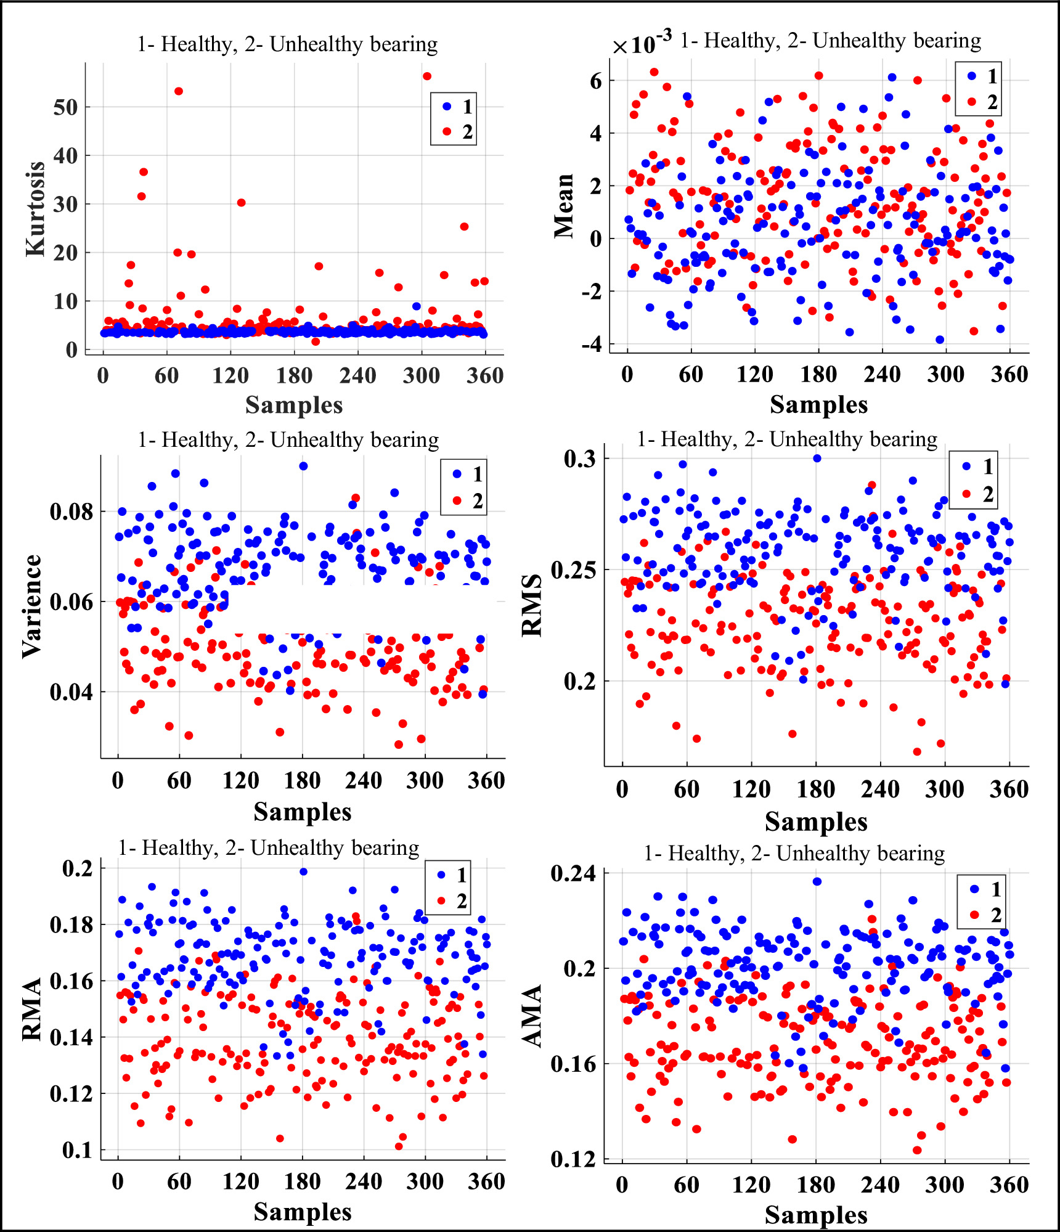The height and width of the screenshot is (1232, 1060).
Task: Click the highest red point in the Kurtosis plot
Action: (x=427, y=76)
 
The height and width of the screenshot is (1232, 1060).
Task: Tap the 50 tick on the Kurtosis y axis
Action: (x=65, y=107)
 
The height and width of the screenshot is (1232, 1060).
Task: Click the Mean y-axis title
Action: (x=563, y=206)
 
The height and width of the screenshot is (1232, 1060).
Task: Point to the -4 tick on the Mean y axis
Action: (x=592, y=344)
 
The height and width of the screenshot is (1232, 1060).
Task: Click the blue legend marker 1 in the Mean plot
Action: (x=972, y=76)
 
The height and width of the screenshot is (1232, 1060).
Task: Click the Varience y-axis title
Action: (x=32, y=606)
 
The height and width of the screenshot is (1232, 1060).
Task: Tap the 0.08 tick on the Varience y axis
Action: (x=71, y=512)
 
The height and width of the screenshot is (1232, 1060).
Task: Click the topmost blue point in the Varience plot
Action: (x=303, y=466)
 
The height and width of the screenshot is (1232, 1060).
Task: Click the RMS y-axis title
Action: (x=531, y=605)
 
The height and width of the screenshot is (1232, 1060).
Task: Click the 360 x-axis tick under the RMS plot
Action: (x=1009, y=789)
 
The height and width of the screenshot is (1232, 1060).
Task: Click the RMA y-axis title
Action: (x=32, y=1010)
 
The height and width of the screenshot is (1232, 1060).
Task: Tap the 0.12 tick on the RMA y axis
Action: (x=71, y=1094)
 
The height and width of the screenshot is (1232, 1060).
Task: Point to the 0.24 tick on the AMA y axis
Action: (x=573, y=873)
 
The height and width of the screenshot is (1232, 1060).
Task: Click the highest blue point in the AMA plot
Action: (x=817, y=881)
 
